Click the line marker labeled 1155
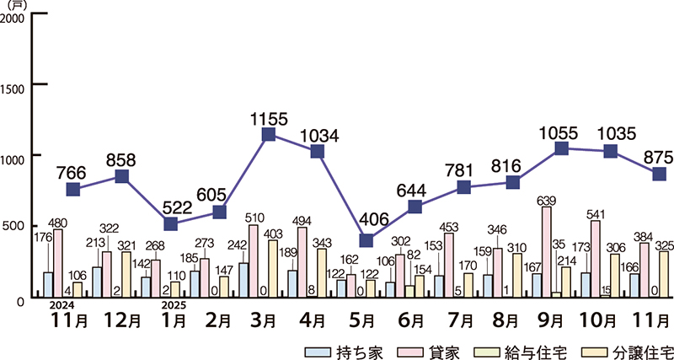269,135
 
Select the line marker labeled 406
366,240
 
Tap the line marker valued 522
171,224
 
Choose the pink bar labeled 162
350,285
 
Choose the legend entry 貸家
437,349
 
